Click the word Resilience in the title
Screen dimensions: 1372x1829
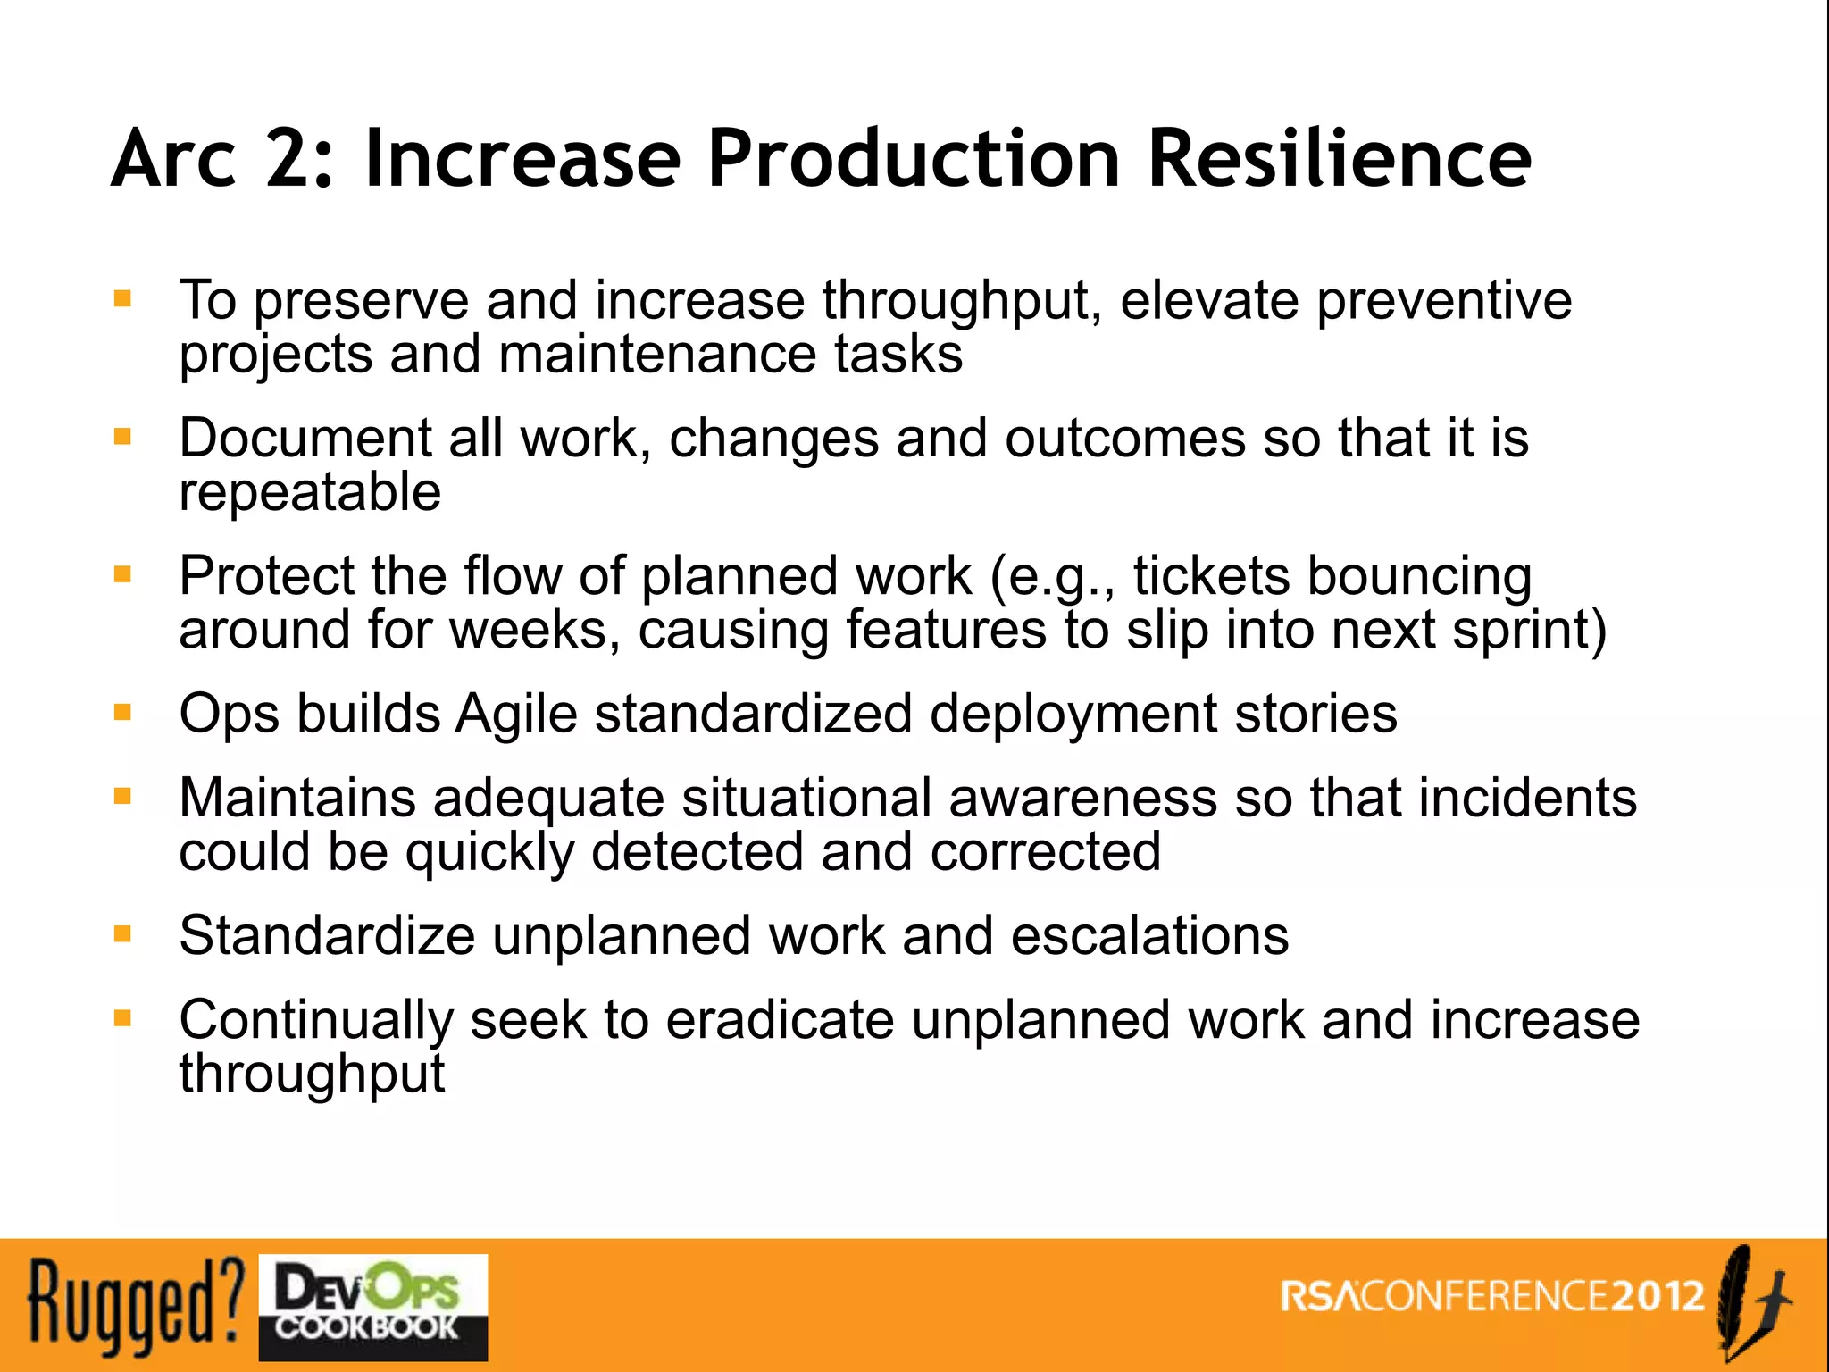tap(1339, 158)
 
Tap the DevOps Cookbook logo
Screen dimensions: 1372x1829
tap(373, 1307)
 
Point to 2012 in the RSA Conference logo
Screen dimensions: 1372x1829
tap(1658, 1296)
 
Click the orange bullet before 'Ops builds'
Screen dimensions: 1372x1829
tap(123, 712)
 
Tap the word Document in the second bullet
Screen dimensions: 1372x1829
tap(305, 438)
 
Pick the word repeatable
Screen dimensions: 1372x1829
tap(310, 492)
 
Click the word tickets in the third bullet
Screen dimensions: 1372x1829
tap(1211, 575)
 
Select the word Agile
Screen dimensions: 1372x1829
tap(516, 714)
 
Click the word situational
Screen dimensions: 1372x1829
tap(806, 797)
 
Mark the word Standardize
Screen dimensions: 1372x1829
tap(327, 935)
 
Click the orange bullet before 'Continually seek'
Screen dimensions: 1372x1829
tap(123, 1018)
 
